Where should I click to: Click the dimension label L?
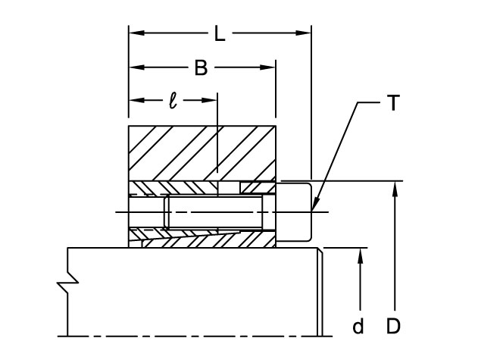tap(219, 33)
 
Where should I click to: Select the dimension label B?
tap(201, 67)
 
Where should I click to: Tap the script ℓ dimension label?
tap(173, 100)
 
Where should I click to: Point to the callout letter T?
tap(392, 104)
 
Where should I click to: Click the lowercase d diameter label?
tap(359, 327)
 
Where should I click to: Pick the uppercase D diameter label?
tap(393, 327)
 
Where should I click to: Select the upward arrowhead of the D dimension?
tap(395, 187)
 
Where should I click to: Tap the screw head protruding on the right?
tap(296, 212)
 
